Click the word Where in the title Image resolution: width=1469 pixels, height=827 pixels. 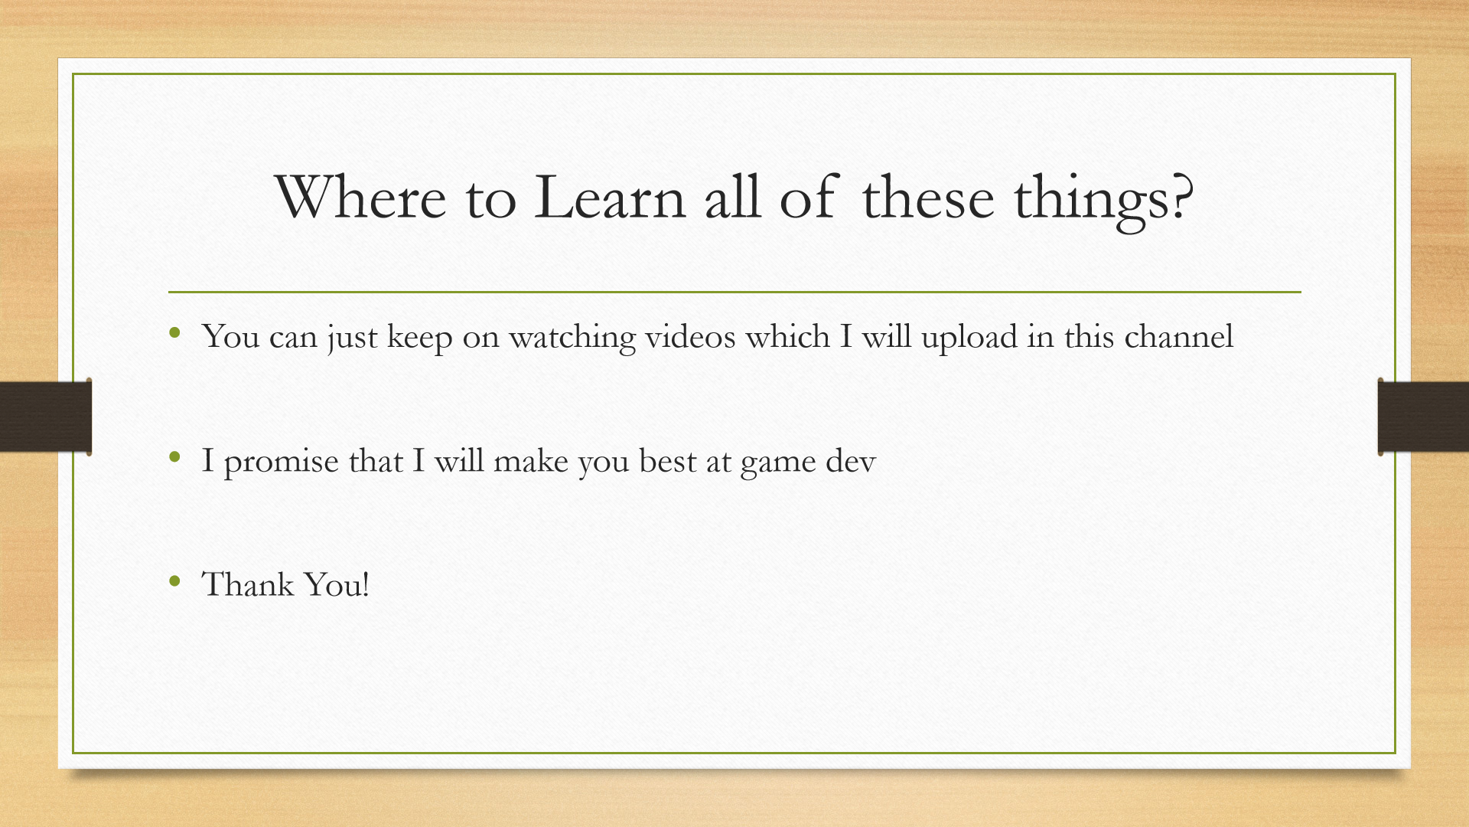(x=360, y=198)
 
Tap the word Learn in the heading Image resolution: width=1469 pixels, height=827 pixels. (x=610, y=198)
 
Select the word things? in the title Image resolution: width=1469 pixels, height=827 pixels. (x=1103, y=201)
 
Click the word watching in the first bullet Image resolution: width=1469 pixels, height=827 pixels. (x=572, y=338)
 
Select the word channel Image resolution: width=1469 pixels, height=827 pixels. (x=1178, y=336)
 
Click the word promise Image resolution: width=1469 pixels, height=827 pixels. (x=281, y=462)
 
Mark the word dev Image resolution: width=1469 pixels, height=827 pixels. (x=851, y=460)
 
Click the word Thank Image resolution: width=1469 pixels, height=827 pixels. (x=248, y=584)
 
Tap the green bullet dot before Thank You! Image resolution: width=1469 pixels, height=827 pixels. (x=175, y=582)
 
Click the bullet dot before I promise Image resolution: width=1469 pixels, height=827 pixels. (x=175, y=458)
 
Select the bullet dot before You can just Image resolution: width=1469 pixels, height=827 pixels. (x=175, y=333)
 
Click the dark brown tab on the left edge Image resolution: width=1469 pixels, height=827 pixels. (x=46, y=417)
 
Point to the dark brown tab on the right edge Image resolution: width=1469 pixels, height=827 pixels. (x=1423, y=417)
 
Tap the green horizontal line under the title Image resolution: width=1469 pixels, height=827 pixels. (x=734, y=292)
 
